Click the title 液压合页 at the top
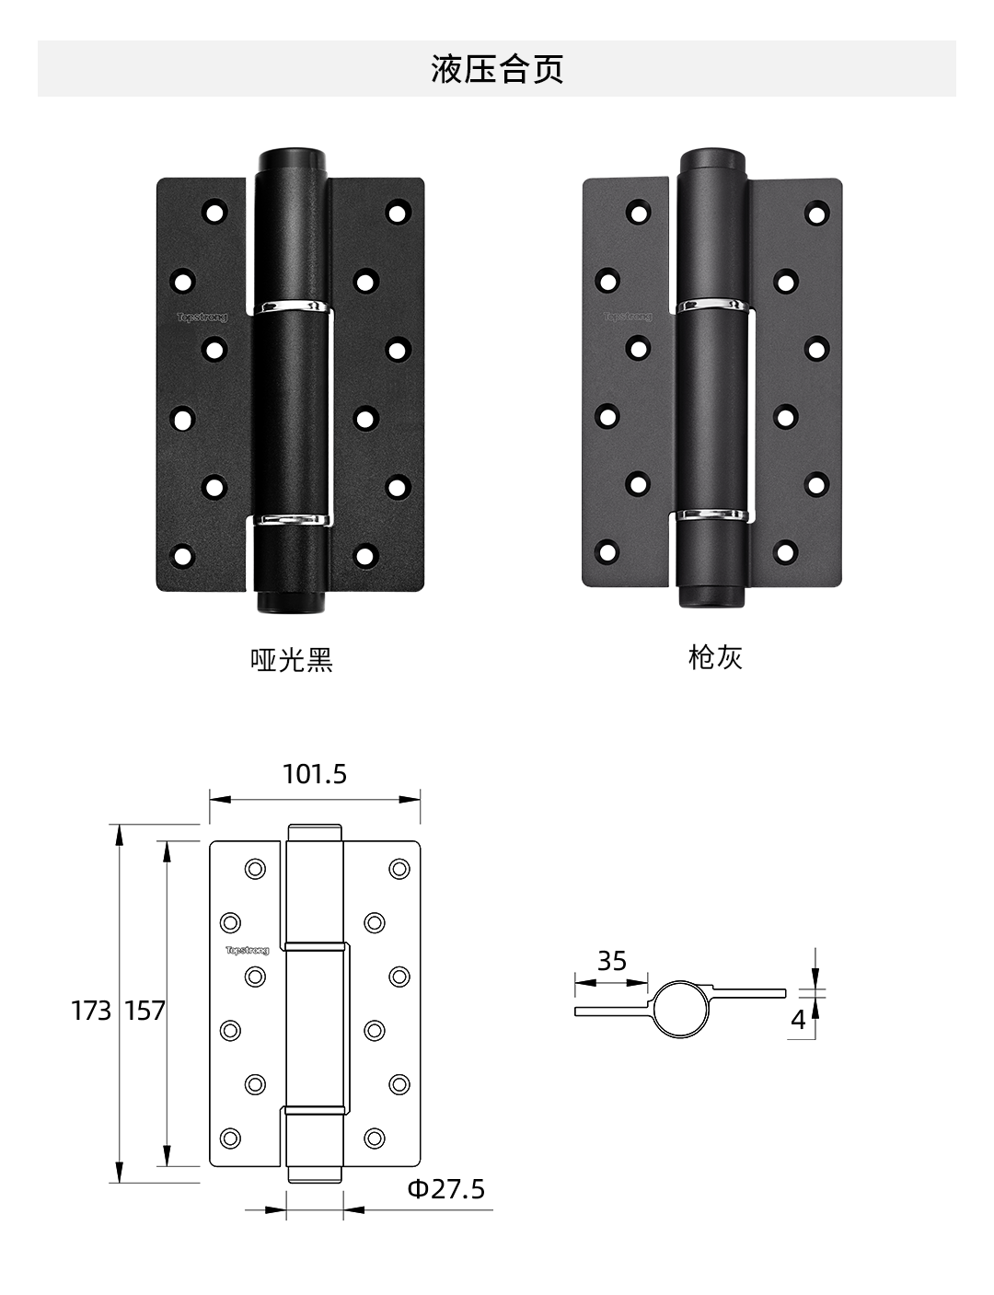[497, 69]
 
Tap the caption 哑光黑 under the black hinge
[292, 660]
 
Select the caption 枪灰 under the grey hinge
[715, 658]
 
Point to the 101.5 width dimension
[314, 775]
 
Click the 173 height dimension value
[91, 1011]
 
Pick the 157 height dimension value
[144, 1011]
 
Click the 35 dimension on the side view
[612, 961]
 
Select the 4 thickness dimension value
[798, 1020]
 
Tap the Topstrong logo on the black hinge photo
[202, 317]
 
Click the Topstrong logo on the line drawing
[248, 951]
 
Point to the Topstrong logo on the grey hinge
[628, 317]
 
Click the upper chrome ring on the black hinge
[292, 306]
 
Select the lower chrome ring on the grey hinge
[712, 515]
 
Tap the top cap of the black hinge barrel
[292, 160]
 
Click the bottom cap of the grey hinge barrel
[712, 595]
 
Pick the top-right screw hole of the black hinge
[398, 213]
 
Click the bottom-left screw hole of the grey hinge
[607, 552]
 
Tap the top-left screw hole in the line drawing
[255, 869]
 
